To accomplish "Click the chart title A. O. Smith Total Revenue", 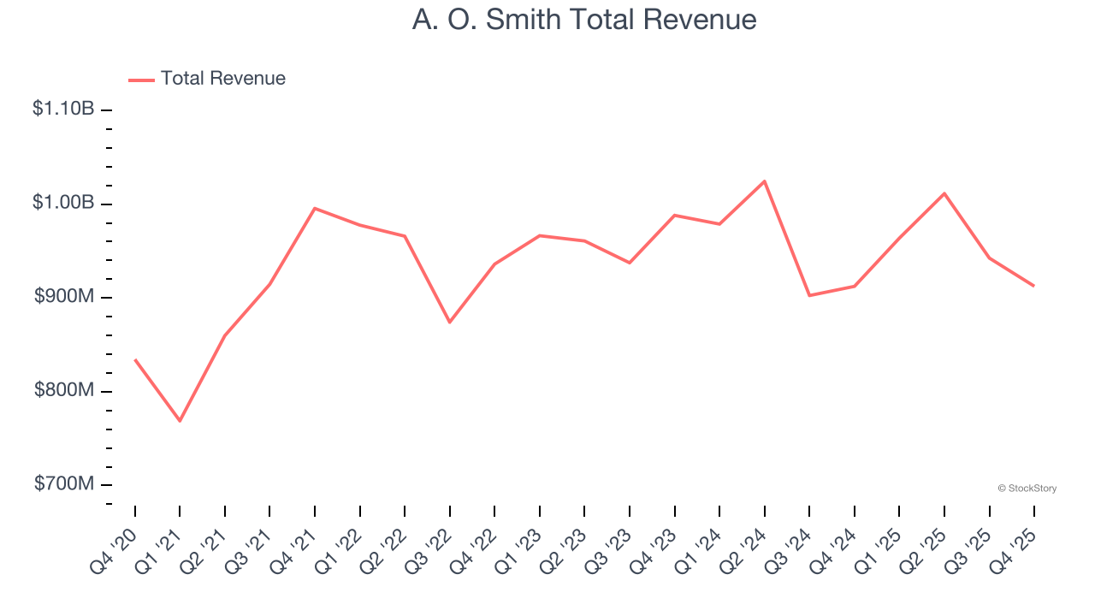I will click(x=584, y=20).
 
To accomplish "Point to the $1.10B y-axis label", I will click(x=63, y=110).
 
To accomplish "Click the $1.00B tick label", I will click(x=63, y=204).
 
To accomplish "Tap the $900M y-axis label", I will click(x=63, y=297).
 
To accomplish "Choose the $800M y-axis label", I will click(x=63, y=391).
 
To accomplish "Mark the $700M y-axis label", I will click(x=63, y=484).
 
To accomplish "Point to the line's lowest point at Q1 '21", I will click(x=180, y=421).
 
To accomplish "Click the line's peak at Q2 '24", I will click(x=764, y=181).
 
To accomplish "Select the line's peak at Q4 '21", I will click(x=315, y=208).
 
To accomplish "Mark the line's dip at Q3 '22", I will click(x=450, y=322).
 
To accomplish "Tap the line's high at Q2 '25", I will click(x=944, y=193).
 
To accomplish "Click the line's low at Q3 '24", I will click(x=809, y=295).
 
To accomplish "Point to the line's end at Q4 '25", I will click(x=1033, y=286).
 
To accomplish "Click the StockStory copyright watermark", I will click(x=1027, y=489).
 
